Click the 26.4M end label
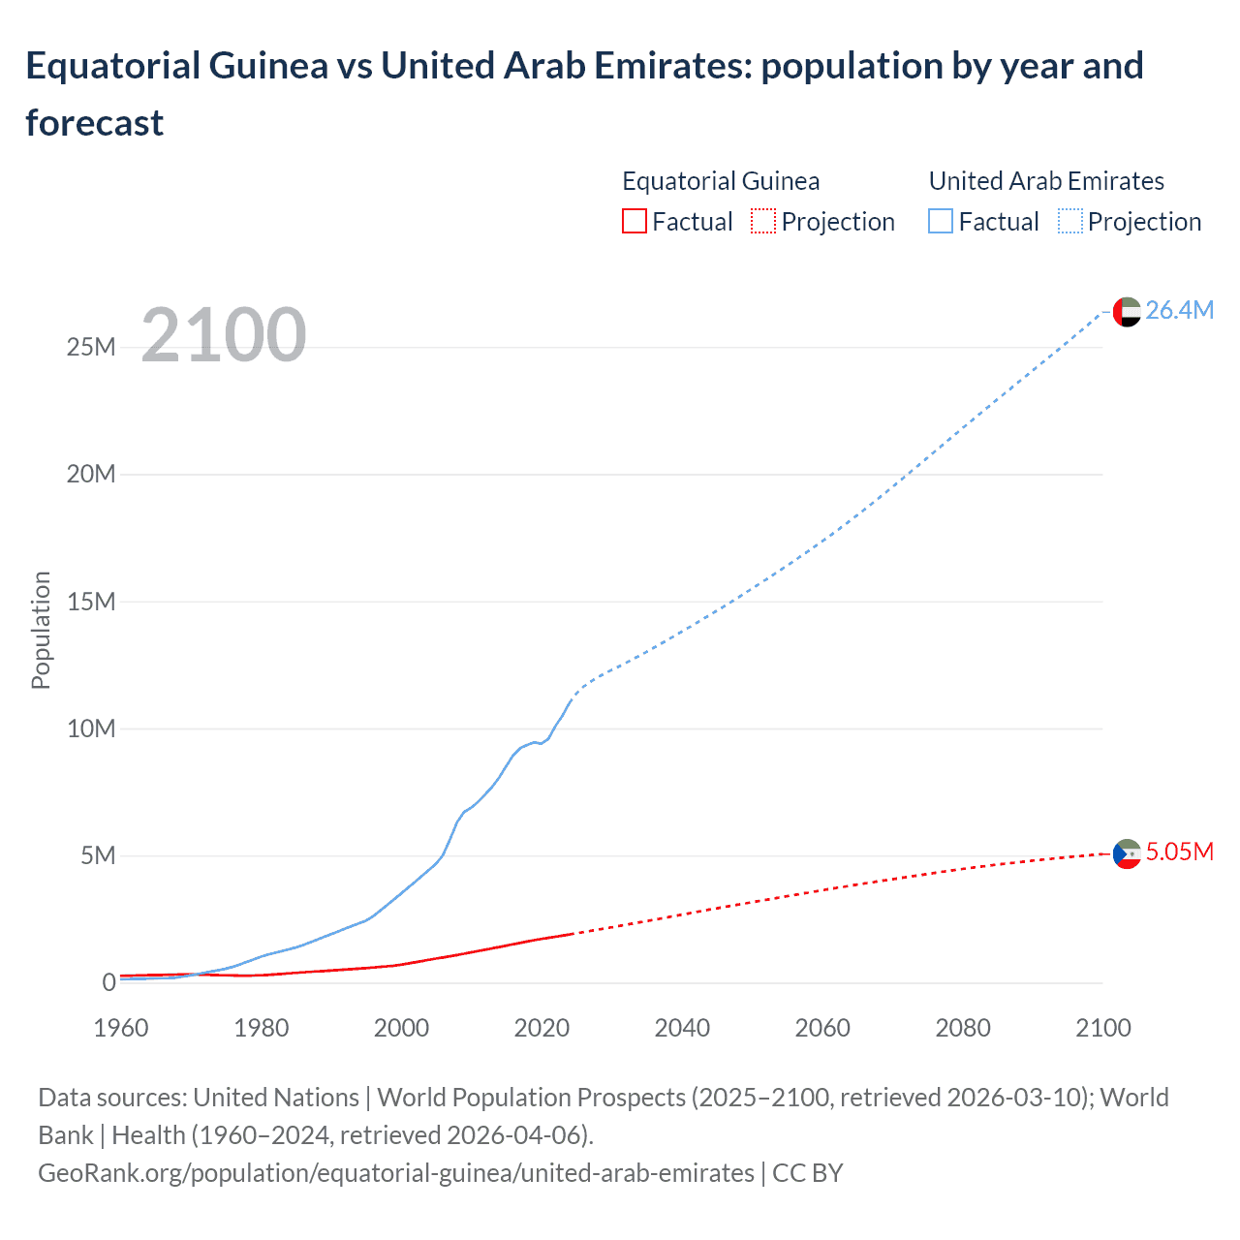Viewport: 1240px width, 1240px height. click(x=1179, y=310)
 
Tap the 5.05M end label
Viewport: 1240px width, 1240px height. click(x=1179, y=852)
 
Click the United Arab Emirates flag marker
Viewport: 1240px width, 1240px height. click(x=1127, y=312)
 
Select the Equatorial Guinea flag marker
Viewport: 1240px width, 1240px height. click(x=1127, y=853)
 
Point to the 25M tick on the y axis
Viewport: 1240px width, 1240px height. click(x=91, y=347)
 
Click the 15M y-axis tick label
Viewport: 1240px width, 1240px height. click(x=91, y=602)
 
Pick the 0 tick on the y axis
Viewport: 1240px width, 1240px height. click(x=108, y=982)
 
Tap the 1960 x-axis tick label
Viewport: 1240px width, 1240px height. click(x=121, y=1028)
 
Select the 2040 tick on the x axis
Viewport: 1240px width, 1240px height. click(x=682, y=1028)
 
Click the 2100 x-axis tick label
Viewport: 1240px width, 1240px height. click(x=1102, y=1028)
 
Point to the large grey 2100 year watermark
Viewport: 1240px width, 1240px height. click(x=224, y=335)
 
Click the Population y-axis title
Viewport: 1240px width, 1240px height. click(x=41, y=630)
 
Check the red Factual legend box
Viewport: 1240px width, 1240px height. click(x=634, y=222)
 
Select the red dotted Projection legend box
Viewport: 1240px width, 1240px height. click(x=763, y=222)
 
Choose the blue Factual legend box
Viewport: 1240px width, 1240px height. click(x=941, y=222)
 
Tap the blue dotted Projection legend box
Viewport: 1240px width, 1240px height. click(x=1070, y=222)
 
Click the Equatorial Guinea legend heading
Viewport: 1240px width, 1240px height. click(x=721, y=181)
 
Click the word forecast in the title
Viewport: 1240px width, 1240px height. click(x=95, y=123)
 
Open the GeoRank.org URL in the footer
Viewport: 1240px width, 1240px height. click(x=395, y=1172)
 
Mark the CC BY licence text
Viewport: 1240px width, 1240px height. click(x=808, y=1172)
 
